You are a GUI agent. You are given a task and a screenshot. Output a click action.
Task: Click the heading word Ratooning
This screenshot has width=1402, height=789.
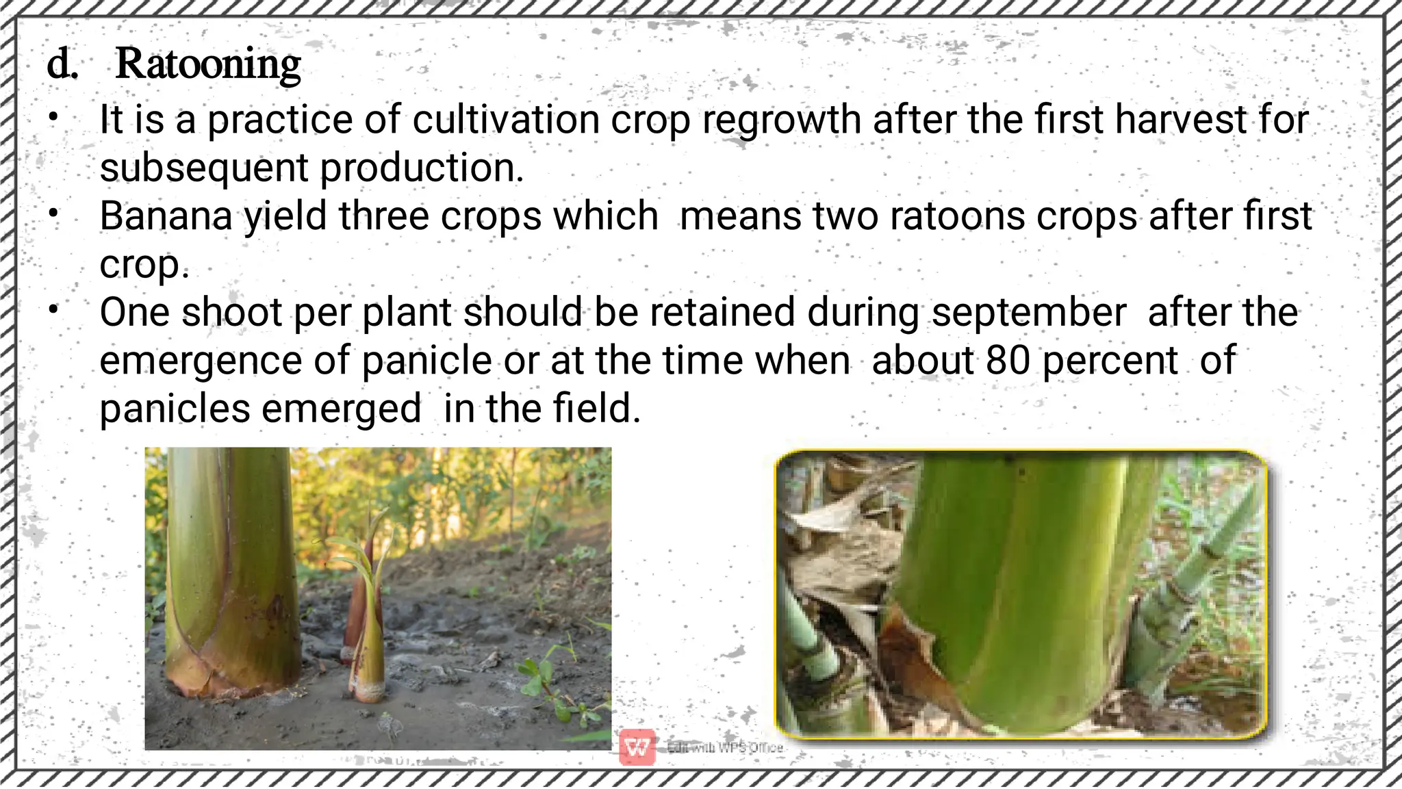[208, 65]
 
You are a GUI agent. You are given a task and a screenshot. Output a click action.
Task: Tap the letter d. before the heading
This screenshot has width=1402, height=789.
[62, 65]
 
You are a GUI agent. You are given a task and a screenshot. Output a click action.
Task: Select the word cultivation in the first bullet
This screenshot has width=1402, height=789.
[507, 120]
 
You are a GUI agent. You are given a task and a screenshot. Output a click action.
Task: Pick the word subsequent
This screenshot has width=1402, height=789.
[204, 169]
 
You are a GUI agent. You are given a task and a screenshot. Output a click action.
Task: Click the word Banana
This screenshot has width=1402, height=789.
[166, 216]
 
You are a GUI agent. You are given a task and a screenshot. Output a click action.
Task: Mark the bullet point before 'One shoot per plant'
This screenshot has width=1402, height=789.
[53, 310]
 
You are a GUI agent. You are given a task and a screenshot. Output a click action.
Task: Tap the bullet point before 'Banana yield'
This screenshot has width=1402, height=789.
[53, 214]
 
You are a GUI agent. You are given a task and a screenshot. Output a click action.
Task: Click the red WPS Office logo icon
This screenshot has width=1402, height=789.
[637, 747]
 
